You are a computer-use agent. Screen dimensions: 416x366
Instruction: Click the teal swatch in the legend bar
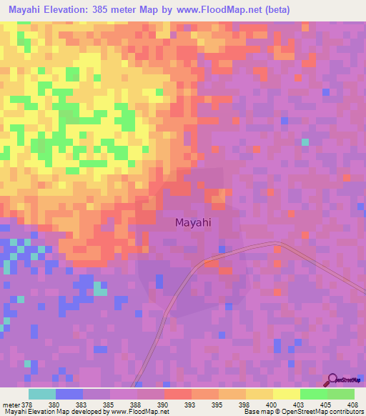click(x=41, y=394)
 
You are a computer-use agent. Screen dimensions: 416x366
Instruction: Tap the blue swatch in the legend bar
click(x=69, y=394)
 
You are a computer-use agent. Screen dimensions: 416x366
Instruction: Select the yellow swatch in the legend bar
click(x=286, y=394)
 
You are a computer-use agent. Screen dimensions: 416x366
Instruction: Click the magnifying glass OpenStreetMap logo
click(x=332, y=380)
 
